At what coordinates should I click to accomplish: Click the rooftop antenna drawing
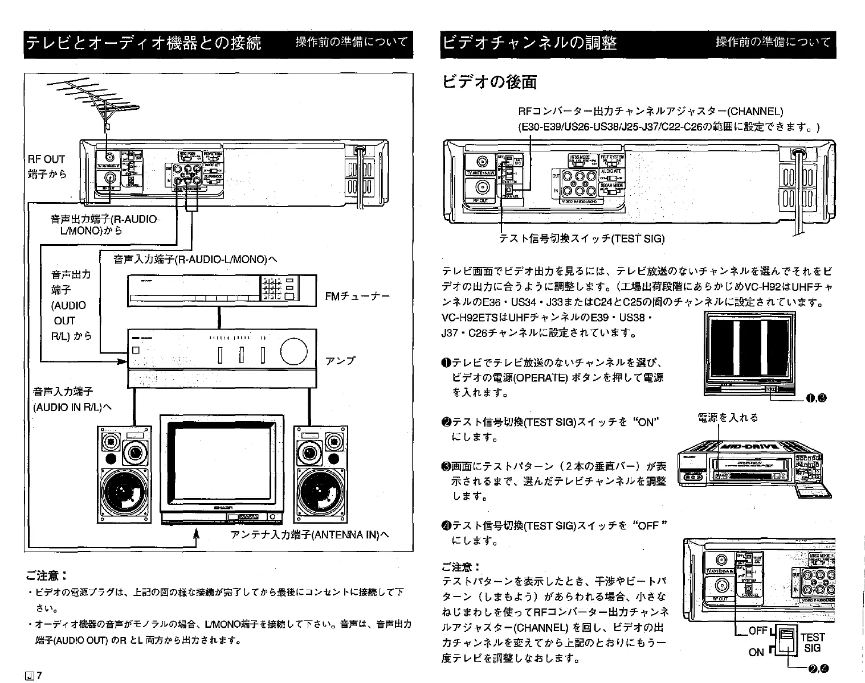(97, 99)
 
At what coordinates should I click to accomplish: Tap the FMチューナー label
(357, 297)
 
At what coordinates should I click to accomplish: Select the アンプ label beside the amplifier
(340, 361)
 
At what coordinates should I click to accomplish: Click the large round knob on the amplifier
(293, 350)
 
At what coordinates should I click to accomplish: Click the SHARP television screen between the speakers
(221, 462)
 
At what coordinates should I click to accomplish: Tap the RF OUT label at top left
(46, 159)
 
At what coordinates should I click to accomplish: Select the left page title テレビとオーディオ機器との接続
(143, 43)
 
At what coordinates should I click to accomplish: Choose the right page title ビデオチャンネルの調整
(530, 43)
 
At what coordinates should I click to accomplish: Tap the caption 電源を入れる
(728, 418)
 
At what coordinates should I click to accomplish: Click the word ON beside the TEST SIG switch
(756, 652)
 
